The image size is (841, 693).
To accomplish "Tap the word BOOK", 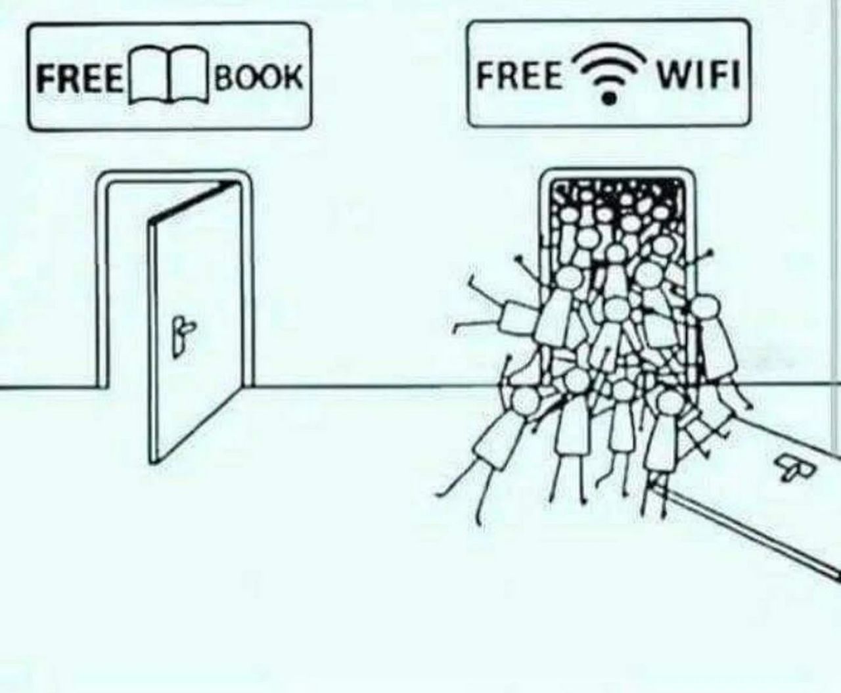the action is click(258, 76).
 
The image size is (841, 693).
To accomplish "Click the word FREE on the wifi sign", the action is click(519, 75).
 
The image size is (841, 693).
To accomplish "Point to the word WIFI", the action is click(698, 74).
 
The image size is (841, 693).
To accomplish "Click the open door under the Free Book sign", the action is click(195, 322).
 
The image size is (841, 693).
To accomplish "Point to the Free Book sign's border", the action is click(169, 24).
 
